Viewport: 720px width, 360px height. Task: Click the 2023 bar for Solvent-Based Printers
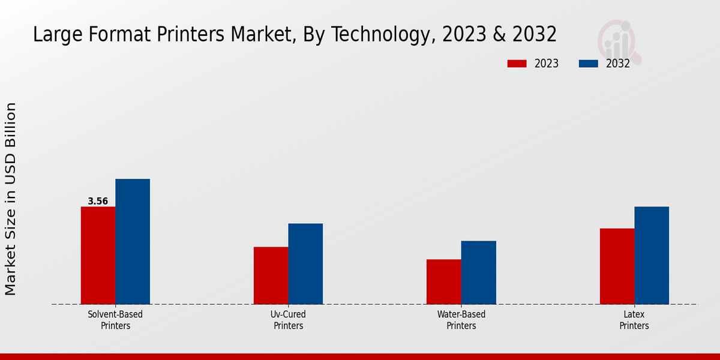pos(98,256)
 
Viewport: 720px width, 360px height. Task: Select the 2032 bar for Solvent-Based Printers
pos(133,242)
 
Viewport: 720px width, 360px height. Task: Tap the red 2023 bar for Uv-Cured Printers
pos(271,275)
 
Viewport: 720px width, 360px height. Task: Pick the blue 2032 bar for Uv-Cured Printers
pos(305,264)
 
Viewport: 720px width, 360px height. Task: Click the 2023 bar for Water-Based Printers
pos(444,282)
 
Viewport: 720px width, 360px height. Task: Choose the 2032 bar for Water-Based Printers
pos(479,272)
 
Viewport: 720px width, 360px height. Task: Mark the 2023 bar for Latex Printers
pos(617,266)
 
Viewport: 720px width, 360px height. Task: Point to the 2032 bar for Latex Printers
pos(652,256)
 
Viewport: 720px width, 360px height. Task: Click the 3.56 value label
pos(98,202)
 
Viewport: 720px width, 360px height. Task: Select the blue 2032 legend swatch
pos(588,64)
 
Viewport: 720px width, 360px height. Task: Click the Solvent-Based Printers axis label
pos(115,320)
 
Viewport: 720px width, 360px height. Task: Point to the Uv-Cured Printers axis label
pos(288,320)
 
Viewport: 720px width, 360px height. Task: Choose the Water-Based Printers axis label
pos(461,320)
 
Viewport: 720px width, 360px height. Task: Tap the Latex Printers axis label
pos(634,320)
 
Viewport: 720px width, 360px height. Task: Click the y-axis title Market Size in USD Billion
pos(11,199)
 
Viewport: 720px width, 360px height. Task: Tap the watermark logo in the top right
pos(618,41)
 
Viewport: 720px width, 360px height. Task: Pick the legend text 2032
pos(618,64)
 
